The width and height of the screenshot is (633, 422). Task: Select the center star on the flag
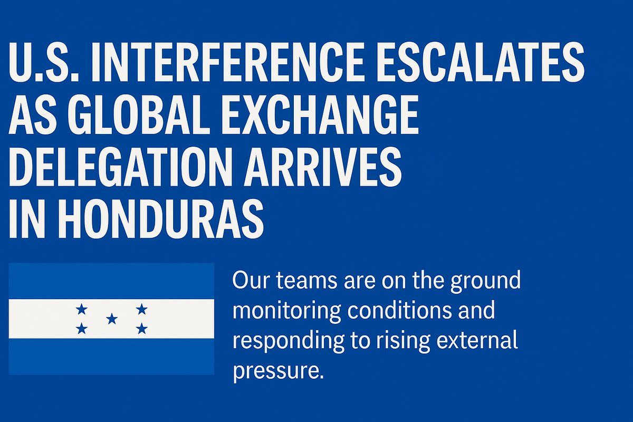111,319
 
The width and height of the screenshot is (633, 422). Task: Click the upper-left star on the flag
81,309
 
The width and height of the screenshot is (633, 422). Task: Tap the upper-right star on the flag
141,309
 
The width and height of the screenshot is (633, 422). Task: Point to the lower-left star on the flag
81,329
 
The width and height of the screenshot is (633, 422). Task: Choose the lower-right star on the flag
141,329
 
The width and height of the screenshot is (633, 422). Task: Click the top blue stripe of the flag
111,281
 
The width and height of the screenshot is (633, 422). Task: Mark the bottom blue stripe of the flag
111,357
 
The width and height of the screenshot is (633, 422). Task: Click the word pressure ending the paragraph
276,370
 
